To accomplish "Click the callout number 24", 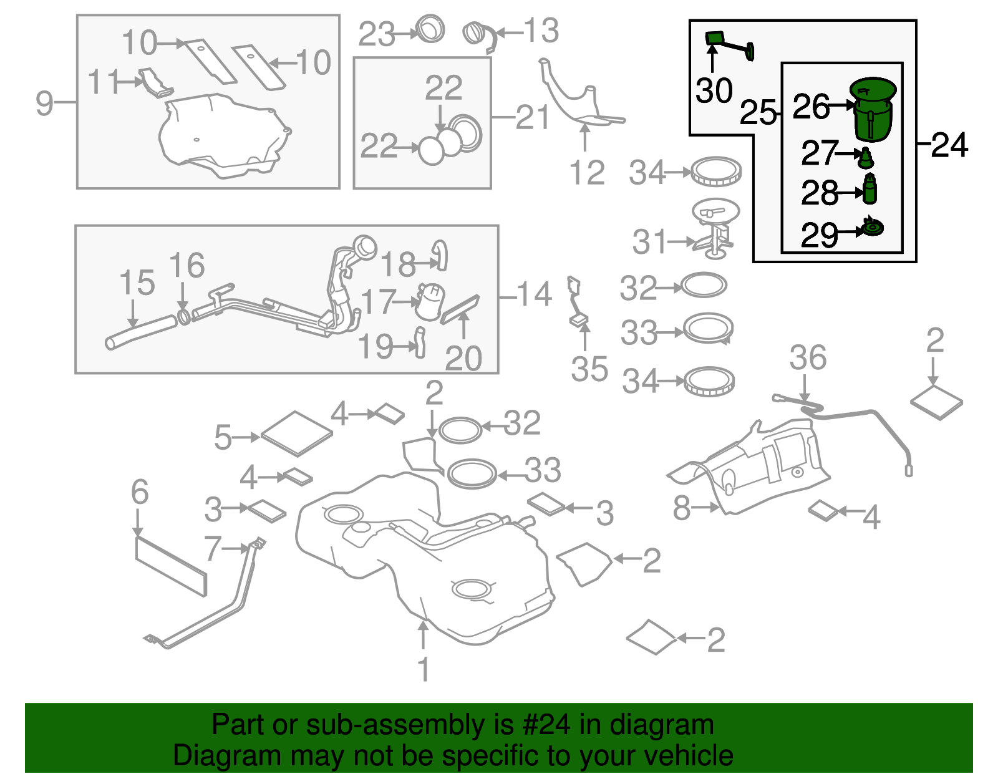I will [949, 145].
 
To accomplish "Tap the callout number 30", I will [714, 91].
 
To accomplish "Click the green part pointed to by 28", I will [870, 190].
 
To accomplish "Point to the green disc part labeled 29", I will [873, 228].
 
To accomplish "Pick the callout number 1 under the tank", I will [424, 670].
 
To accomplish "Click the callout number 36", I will [808, 358].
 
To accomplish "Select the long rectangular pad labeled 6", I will [170, 565].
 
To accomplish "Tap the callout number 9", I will [44, 102].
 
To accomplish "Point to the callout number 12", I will [587, 173].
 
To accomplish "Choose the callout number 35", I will [589, 369].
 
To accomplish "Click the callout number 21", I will [533, 117].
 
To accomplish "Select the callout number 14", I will [534, 294].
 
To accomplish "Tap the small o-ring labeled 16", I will [184, 316].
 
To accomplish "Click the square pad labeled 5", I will [297, 432].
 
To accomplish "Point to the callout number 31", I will [650, 241].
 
